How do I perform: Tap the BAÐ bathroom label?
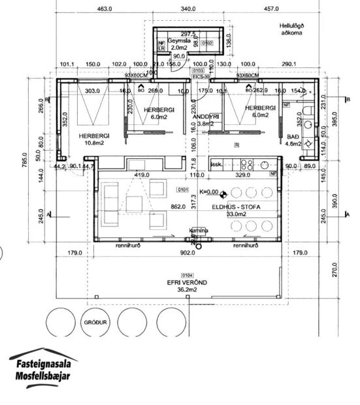pos(293,136)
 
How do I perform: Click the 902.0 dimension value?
pos(188,253)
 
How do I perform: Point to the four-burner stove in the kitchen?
pos(248,165)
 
